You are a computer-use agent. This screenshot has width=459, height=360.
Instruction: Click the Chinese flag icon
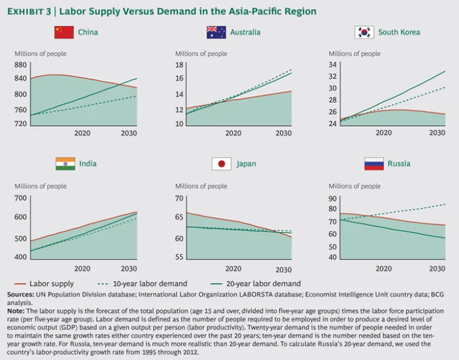click(64, 32)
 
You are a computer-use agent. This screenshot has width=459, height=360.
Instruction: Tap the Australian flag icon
click(216, 32)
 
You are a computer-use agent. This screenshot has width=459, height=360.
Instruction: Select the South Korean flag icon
click(363, 32)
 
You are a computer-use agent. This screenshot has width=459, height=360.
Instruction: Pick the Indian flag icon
click(65, 164)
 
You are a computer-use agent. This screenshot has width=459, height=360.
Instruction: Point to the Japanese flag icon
click(221, 164)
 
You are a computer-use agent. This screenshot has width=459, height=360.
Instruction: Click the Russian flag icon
click(374, 164)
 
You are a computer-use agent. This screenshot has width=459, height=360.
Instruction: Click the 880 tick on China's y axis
click(21, 64)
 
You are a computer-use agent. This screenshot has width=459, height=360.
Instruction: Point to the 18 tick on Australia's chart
click(178, 64)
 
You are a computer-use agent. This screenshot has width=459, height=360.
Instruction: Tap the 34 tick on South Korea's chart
click(333, 64)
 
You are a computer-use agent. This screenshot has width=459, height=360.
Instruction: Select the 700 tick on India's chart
click(21, 198)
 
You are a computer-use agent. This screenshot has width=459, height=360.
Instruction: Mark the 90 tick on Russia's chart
click(333, 198)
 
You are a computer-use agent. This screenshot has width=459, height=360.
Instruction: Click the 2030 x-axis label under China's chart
click(129, 133)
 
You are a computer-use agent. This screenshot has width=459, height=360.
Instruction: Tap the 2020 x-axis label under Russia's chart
click(384, 268)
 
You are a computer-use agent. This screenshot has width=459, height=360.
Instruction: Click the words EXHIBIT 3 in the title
click(29, 11)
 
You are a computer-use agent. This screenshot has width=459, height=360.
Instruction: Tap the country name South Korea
click(399, 32)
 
